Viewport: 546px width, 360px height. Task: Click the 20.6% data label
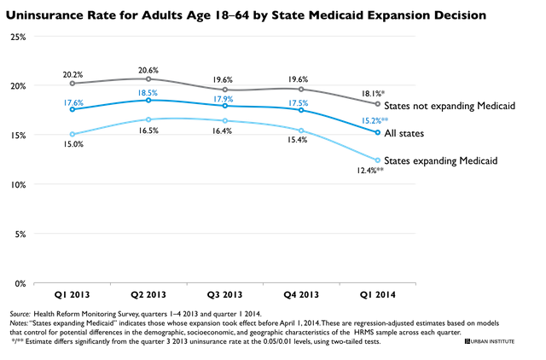(148, 70)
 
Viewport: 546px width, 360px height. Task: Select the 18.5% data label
(148, 93)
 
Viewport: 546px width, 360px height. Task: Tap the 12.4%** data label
(370, 171)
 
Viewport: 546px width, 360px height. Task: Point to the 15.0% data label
(73, 144)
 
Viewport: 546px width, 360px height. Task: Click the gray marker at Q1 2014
(378, 104)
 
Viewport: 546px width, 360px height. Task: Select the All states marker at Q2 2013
(148, 101)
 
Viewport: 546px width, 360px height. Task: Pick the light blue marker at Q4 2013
(301, 131)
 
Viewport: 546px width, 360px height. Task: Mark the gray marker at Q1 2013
(73, 84)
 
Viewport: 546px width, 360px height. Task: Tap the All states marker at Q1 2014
(378, 132)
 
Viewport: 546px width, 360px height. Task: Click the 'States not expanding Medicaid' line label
(450, 106)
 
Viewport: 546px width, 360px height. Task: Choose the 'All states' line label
(404, 133)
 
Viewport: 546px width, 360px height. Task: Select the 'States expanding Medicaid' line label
(441, 161)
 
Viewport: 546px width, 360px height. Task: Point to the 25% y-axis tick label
(18, 38)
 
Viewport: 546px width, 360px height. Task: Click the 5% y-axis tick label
(20, 235)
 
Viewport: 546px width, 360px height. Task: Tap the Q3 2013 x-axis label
(224, 295)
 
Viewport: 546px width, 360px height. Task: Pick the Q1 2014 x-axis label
(378, 295)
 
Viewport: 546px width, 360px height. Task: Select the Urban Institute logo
(490, 341)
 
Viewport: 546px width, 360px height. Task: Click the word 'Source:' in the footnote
(20, 314)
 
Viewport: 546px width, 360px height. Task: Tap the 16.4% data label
(222, 131)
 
